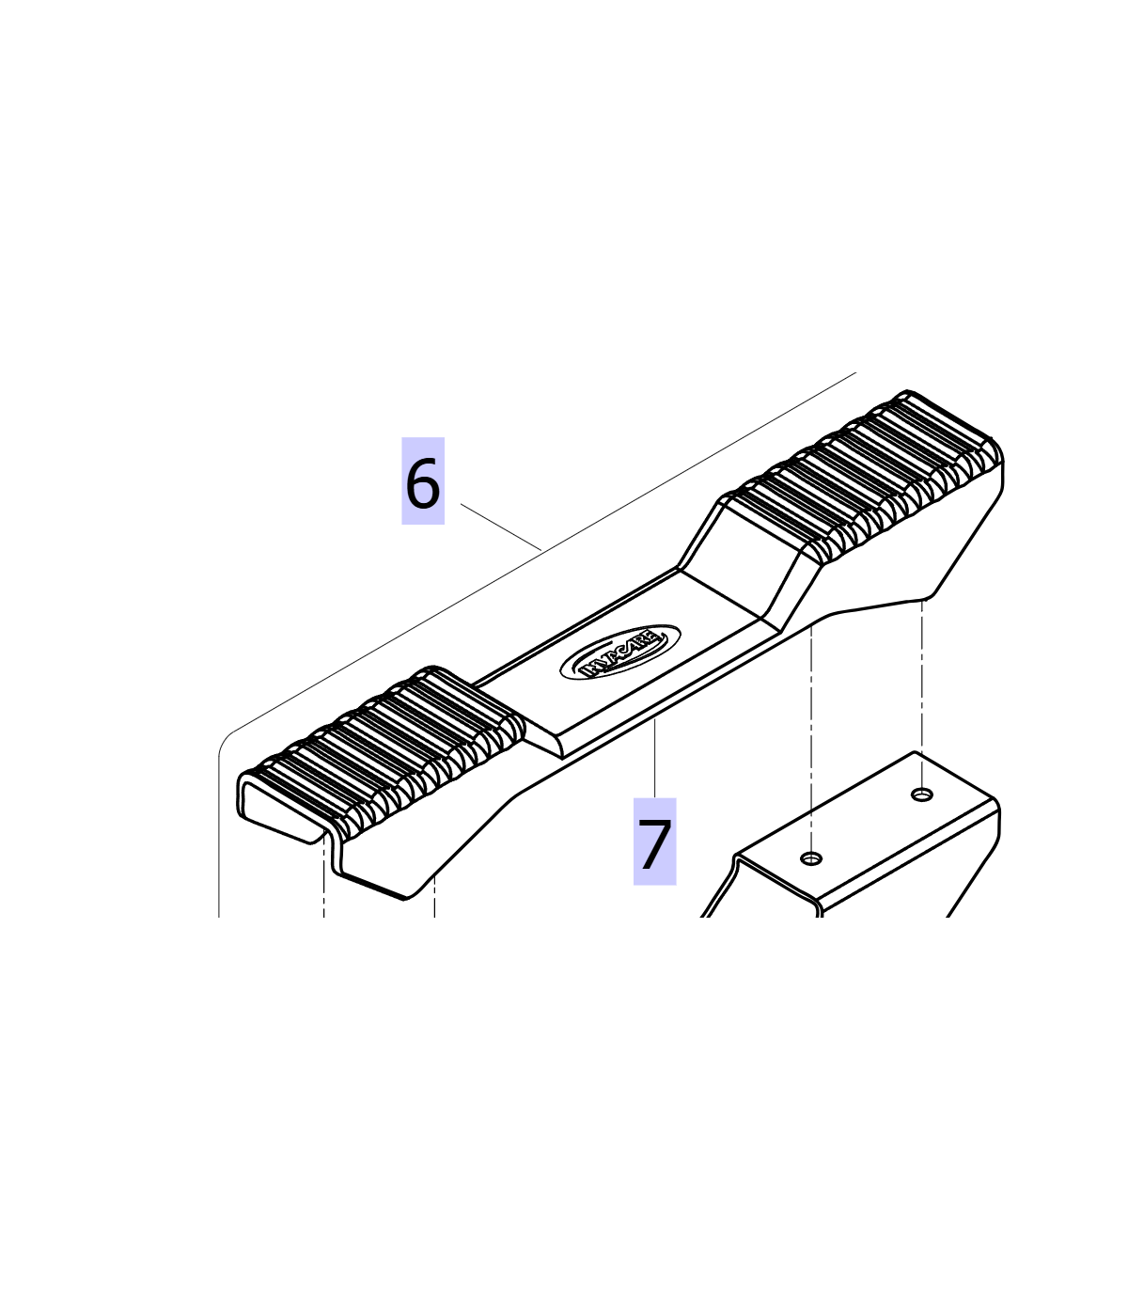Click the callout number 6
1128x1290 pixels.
pos(422,482)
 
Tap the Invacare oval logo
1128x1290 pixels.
pos(620,652)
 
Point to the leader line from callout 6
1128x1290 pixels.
pos(501,527)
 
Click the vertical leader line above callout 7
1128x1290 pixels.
pos(655,758)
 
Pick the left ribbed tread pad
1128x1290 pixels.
pos(384,750)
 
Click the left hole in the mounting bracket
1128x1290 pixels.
pos(811,858)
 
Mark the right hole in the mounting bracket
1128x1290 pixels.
pos(922,794)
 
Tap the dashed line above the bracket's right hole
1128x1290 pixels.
pos(922,694)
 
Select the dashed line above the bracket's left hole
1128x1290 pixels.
pos(811,738)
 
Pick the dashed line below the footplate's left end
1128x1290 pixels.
pos(324,875)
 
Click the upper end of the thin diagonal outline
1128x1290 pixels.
pos(855,372)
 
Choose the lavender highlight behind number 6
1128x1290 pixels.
pos(423,480)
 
